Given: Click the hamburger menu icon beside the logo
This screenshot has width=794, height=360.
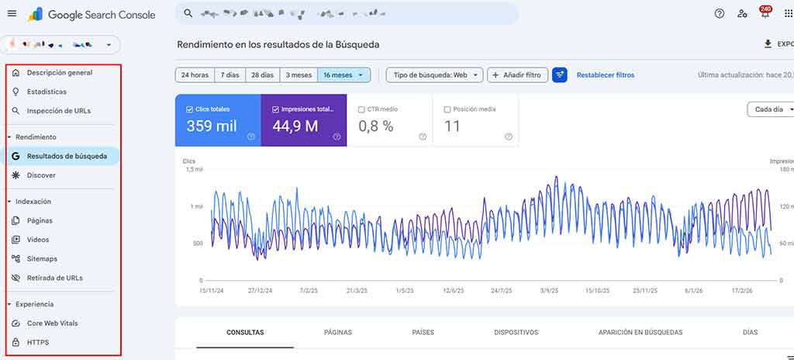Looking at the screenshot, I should point(12,13).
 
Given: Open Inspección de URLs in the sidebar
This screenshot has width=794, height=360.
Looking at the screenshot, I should point(58,111).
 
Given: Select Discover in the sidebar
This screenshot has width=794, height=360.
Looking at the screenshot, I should point(41,175).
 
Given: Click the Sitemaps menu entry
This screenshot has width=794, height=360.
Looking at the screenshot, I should point(42,258).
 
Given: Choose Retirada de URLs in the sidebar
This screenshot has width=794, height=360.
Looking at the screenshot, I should point(54,278).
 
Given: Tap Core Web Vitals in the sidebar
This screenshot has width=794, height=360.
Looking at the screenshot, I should point(52,323).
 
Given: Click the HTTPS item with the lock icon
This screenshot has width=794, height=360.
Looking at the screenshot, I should point(38,342).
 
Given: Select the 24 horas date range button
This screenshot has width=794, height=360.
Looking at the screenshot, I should point(195,75).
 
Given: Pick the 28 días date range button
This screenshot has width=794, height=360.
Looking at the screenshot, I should point(262,75).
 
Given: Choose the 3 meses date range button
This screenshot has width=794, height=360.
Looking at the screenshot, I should point(299,75).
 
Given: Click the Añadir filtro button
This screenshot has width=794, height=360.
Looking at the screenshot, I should point(517,75).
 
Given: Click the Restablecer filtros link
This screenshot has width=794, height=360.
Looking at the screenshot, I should point(605,75).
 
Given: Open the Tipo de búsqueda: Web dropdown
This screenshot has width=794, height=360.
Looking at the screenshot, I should point(434,75).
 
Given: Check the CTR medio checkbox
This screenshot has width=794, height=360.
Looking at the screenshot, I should point(362,109).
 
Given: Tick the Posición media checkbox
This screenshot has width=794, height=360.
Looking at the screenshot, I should point(447,109).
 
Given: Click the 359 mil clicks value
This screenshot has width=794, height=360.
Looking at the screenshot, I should point(211,126).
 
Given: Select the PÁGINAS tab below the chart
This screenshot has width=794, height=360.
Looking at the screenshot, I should point(337,332).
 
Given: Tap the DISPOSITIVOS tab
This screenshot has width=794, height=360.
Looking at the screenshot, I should point(516,332).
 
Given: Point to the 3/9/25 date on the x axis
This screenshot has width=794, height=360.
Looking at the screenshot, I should point(549,290).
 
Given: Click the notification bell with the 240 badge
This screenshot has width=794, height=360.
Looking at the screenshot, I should point(765,14).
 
